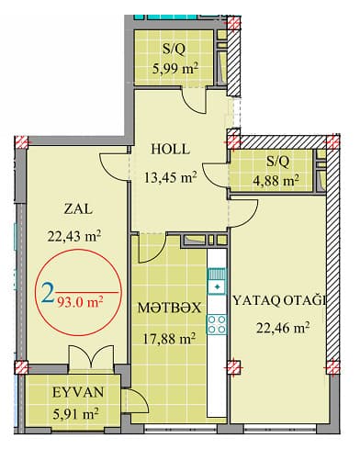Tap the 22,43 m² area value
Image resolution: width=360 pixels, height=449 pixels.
pyautogui.click(x=73, y=236)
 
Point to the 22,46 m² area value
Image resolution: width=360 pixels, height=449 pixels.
pyautogui.click(x=281, y=326)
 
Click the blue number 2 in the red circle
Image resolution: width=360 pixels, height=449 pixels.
pyautogui.click(x=47, y=295)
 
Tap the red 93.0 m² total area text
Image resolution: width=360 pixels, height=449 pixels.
pyautogui.click(x=79, y=297)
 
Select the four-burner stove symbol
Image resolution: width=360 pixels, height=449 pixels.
pyautogui.click(x=219, y=323)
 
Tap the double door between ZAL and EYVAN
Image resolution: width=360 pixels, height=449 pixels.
pyautogui.click(x=92, y=360)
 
